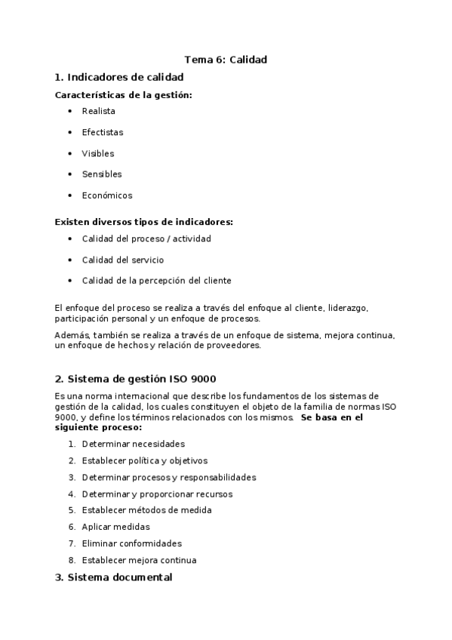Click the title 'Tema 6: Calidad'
tap(226, 59)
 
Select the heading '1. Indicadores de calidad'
tap(119, 77)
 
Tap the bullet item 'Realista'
tap(99, 111)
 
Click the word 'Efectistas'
tap(103, 132)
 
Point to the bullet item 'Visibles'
tap(98, 153)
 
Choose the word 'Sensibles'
tap(102, 174)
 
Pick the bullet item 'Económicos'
tap(107, 195)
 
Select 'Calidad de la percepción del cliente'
tap(156, 281)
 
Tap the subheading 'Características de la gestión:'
tap(124, 95)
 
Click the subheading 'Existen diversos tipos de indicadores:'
tap(144, 222)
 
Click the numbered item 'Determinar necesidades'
tap(133, 444)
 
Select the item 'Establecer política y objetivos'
tap(144, 460)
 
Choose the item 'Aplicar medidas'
tap(115, 527)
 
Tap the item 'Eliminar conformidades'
tap(132, 543)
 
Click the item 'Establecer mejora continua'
tap(139, 560)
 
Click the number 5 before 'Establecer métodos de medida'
tap(71, 510)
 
